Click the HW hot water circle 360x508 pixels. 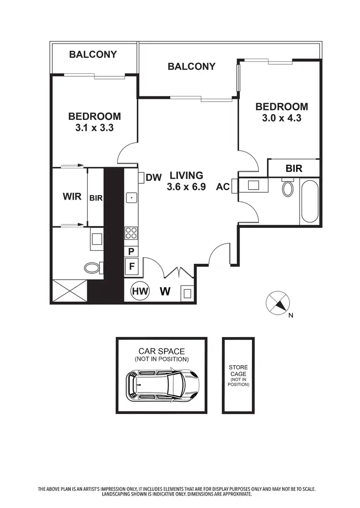(140, 291)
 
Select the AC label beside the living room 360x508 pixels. (223, 186)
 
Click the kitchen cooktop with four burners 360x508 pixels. (131, 234)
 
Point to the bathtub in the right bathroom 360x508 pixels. (310, 201)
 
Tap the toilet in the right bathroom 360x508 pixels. (288, 188)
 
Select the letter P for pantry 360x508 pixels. (131, 251)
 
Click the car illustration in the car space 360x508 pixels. (162, 385)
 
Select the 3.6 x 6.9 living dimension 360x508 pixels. (186, 187)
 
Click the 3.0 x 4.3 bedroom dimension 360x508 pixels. (281, 118)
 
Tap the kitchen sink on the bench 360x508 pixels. (131, 197)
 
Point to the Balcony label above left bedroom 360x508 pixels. (93, 54)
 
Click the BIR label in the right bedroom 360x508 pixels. (293, 168)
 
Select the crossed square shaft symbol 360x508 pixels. (69, 290)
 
